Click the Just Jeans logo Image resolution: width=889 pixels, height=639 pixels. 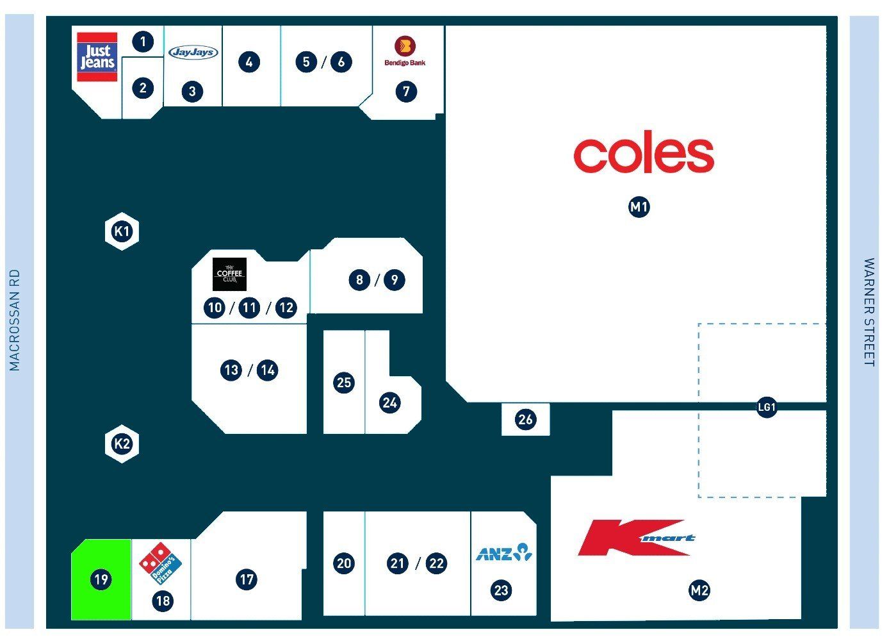[97, 57]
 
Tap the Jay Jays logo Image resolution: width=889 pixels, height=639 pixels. [193, 52]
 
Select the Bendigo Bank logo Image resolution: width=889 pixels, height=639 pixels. [405, 51]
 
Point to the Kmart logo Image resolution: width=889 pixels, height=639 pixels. [637, 538]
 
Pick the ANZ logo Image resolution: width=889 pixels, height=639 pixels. [504, 552]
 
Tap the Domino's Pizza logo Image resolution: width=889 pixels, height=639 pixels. [160, 563]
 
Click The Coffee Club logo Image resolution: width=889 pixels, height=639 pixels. [229, 274]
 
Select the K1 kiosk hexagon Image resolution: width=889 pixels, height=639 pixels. [122, 231]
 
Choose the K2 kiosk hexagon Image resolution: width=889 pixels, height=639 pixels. [122, 444]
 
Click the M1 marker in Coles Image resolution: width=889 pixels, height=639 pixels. [639, 207]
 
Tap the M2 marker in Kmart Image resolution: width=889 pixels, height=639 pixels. [699, 590]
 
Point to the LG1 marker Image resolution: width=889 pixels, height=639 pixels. [767, 407]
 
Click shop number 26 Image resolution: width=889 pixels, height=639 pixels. [525, 419]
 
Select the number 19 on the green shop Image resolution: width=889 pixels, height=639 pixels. [101, 579]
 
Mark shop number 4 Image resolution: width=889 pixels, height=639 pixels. [249, 62]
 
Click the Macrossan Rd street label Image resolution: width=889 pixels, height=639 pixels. [15, 320]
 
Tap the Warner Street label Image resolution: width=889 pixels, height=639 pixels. [869, 312]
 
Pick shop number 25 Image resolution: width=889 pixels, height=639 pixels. [344, 383]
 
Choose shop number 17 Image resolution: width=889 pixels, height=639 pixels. [247, 579]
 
